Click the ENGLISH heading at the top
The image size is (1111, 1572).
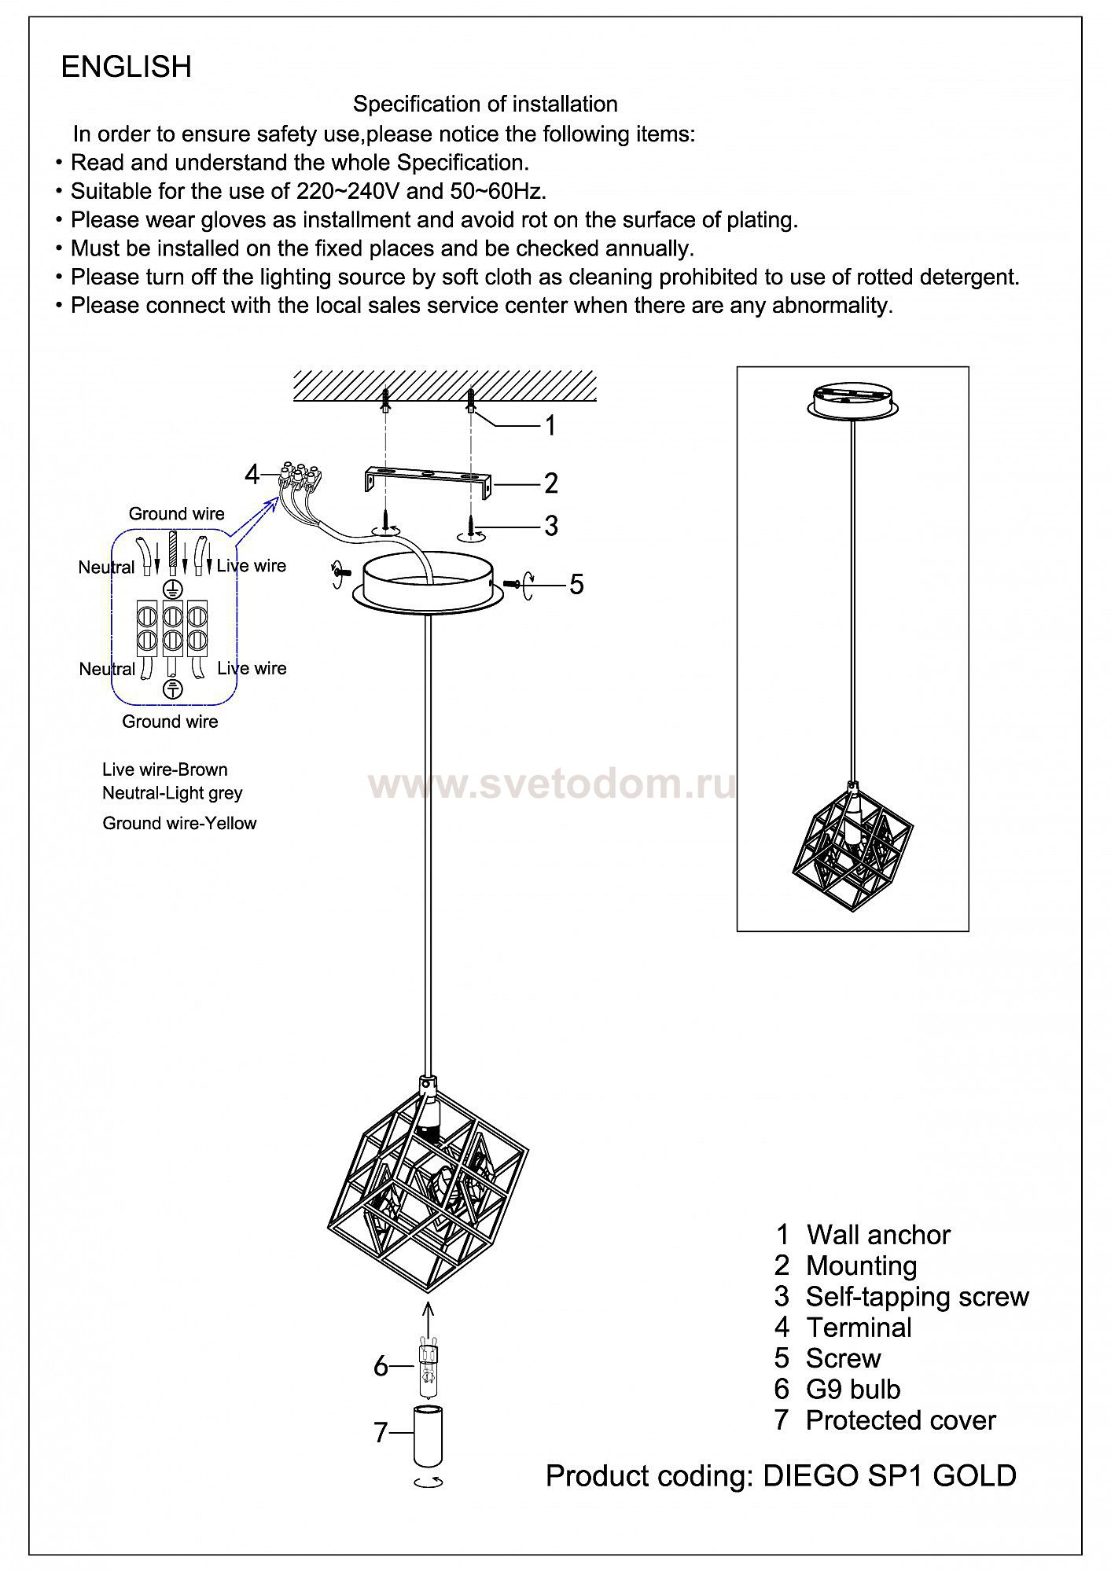126,68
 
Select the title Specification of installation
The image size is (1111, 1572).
484,105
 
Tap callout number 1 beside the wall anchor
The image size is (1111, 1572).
550,425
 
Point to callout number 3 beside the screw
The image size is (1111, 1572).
550,525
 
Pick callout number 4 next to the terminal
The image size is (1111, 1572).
252,475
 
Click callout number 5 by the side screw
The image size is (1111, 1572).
576,584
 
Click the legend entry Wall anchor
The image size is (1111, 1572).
877,1235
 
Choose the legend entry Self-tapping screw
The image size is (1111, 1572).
917,1296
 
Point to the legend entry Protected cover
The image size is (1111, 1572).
900,1420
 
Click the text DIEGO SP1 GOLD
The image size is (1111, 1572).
889,1475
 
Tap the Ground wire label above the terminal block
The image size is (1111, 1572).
176,514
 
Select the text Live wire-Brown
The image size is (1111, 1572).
164,769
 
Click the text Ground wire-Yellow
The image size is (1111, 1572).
179,823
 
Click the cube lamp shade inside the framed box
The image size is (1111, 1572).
852,848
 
